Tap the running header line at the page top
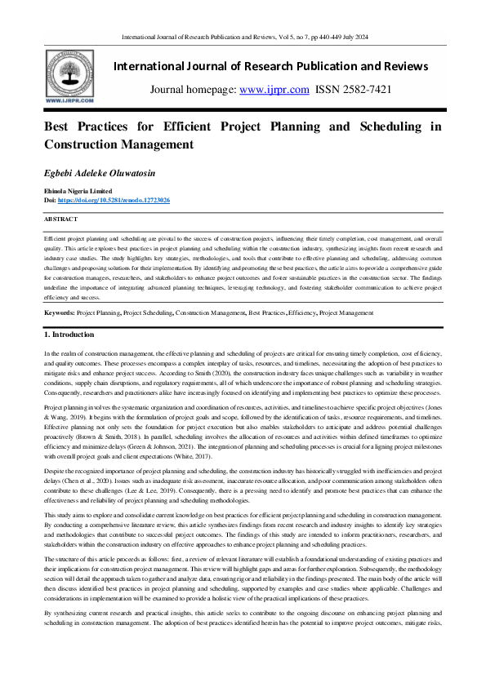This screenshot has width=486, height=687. point(243,38)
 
